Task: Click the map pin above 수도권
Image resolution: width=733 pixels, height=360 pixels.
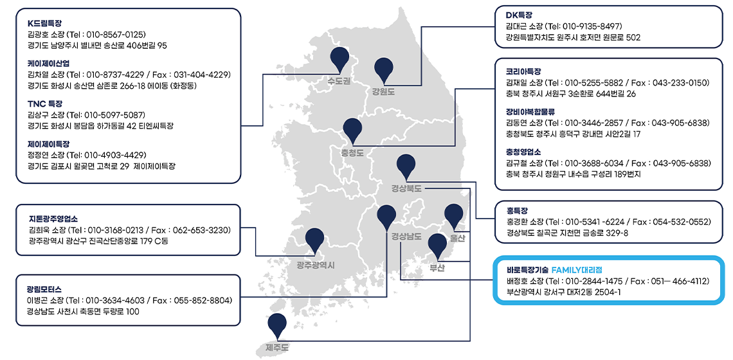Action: click(x=340, y=59)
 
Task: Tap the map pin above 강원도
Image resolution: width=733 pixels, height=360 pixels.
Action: click(x=385, y=69)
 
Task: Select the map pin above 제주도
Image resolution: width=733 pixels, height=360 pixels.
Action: click(x=277, y=325)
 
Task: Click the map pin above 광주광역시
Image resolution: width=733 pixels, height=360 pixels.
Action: click(x=314, y=240)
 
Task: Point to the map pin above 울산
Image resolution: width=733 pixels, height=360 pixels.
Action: click(x=453, y=215)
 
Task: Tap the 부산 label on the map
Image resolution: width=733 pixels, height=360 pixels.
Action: click(x=438, y=268)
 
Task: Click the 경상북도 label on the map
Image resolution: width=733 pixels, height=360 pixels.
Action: click(x=407, y=189)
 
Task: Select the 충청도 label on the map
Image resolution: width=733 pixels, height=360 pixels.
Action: click(x=352, y=152)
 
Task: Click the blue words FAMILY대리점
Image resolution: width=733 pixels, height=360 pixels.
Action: click(x=577, y=270)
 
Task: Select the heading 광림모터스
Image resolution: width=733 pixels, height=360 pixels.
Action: click(x=44, y=289)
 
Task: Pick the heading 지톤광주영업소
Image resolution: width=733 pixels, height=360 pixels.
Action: click(x=53, y=219)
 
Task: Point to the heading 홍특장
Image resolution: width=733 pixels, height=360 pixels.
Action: click(x=516, y=210)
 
